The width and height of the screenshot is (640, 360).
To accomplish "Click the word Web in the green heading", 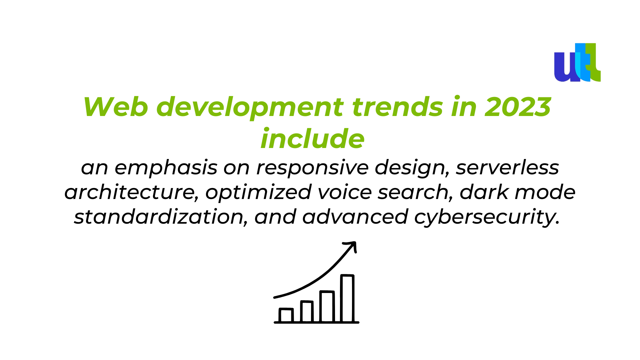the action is click(116, 107).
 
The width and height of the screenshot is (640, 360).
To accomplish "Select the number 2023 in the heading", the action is click(518, 107).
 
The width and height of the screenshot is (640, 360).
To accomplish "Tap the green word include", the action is click(312, 138).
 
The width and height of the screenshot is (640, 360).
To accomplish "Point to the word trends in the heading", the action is click(397, 107).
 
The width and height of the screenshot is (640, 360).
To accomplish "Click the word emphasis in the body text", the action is click(166, 167).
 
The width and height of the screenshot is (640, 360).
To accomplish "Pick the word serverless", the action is click(507, 167).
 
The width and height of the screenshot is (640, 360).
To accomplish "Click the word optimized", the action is click(258, 193).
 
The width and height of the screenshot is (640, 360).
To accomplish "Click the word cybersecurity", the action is click(487, 217).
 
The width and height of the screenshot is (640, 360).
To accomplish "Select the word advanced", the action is click(355, 217).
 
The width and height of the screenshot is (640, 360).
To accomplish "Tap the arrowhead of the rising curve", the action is click(352, 246).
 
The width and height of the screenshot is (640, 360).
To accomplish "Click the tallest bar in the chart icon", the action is click(347, 298).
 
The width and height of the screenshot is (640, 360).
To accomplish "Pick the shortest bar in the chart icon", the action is click(286, 315).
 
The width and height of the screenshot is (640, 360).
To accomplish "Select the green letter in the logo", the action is click(593, 62).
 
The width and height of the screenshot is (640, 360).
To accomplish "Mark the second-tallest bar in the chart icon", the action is click(327, 307).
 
